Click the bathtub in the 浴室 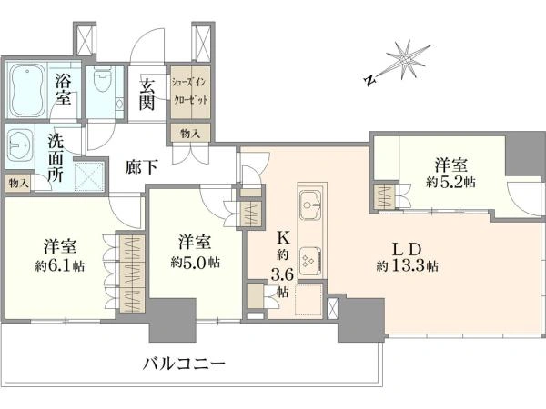[27, 91]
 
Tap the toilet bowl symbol [103, 80]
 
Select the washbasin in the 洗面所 [19, 145]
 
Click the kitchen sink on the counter [310, 204]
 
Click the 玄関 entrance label [147, 95]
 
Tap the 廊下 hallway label [142, 167]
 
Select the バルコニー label [185, 364]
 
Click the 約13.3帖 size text [407, 266]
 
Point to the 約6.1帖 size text [60, 266]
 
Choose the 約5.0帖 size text [195, 263]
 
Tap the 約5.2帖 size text [451, 182]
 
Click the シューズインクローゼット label [190, 92]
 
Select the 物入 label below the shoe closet [190, 134]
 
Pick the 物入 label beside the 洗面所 [18, 183]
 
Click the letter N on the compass [370, 81]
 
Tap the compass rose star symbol [407, 60]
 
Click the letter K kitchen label [283, 238]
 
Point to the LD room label [407, 249]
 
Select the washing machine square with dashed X [89, 176]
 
